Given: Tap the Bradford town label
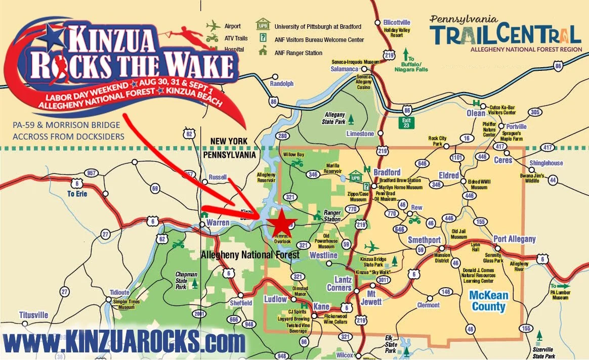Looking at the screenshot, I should pyautogui.click(x=387, y=172).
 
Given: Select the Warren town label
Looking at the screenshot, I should pyautogui.click(x=218, y=222).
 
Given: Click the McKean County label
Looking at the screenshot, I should pyautogui.click(x=488, y=301).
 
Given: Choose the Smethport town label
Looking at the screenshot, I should pyautogui.click(x=424, y=240).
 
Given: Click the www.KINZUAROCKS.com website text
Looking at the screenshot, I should pyautogui.click(x=123, y=342).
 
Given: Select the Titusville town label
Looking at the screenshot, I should pyautogui.click(x=34, y=315).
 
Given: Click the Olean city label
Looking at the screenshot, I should pyautogui.click(x=476, y=113).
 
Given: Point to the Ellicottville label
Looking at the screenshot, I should pyautogui.click(x=397, y=23).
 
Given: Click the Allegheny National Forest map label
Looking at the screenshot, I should pyautogui.click(x=250, y=255).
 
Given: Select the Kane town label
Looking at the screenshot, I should pyautogui.click(x=321, y=307).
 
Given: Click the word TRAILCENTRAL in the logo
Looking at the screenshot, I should pyautogui.click(x=506, y=35).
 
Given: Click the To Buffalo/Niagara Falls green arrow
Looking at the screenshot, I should pyautogui.click(x=405, y=53).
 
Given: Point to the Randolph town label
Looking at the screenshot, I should pyautogui.click(x=282, y=83).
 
